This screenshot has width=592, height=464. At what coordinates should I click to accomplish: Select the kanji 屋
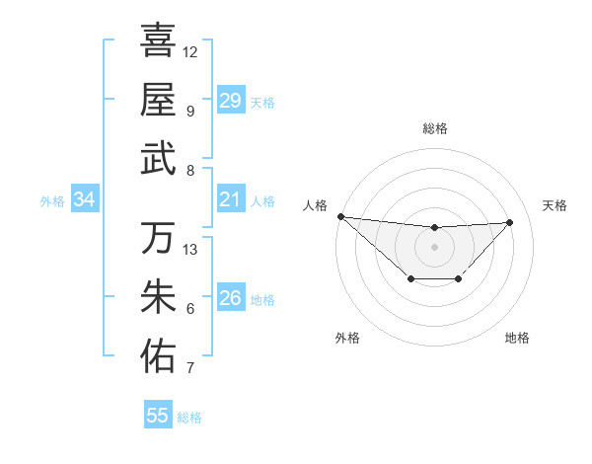[x=158, y=100]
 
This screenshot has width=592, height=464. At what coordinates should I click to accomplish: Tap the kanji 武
[x=158, y=159]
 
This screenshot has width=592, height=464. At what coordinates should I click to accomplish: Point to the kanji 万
[x=158, y=238]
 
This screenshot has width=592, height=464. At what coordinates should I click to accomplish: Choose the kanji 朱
[x=158, y=297]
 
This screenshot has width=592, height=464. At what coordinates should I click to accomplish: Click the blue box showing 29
[x=230, y=101]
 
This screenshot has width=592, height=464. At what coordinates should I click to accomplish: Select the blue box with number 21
[x=230, y=200]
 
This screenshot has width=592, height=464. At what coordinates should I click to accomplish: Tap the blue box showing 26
[x=230, y=299]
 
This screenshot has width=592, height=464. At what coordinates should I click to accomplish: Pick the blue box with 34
[x=84, y=200]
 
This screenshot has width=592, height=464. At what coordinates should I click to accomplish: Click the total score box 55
[x=158, y=416]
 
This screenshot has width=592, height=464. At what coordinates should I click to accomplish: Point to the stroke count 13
[x=191, y=250]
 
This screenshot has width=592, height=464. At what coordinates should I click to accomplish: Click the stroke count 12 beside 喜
[x=190, y=51]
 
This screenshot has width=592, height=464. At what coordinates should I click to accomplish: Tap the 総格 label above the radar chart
[x=434, y=128]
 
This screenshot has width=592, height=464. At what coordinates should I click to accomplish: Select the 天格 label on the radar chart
[x=555, y=205]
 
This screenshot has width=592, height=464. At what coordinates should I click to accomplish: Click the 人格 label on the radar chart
[x=314, y=205]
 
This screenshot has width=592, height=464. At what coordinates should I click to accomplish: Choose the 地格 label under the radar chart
[x=517, y=338]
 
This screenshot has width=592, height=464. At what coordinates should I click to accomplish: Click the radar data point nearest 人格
[x=340, y=216]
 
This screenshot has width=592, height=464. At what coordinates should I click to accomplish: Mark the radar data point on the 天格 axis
[x=510, y=222]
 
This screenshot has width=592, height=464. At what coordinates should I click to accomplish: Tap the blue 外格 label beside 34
[x=52, y=201]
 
